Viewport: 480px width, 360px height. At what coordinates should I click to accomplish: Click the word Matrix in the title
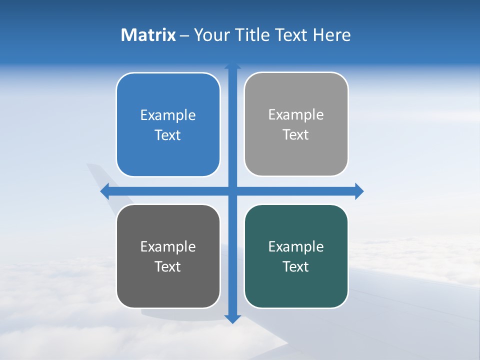pyautogui.click(x=148, y=35)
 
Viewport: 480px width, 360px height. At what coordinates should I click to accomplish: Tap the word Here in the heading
pyautogui.click(x=331, y=35)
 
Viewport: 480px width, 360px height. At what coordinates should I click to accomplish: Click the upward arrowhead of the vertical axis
pyautogui.click(x=232, y=66)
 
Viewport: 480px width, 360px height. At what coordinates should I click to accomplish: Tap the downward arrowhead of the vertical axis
pyautogui.click(x=232, y=318)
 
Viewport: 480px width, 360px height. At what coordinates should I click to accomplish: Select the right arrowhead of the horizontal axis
pyautogui.click(x=359, y=191)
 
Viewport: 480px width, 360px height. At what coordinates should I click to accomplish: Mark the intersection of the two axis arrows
pyautogui.click(x=232, y=191)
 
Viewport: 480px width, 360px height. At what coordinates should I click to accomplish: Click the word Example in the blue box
pyautogui.click(x=168, y=115)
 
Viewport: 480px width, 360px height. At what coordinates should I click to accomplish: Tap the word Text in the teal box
pyautogui.click(x=296, y=266)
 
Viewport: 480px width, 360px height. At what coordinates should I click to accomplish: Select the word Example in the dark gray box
pyautogui.click(x=168, y=246)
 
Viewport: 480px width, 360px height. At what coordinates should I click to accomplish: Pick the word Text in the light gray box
pyautogui.click(x=296, y=134)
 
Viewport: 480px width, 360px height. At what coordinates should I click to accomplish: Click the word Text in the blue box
pyautogui.click(x=168, y=135)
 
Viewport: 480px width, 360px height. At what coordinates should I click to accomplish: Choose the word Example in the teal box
pyautogui.click(x=296, y=246)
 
